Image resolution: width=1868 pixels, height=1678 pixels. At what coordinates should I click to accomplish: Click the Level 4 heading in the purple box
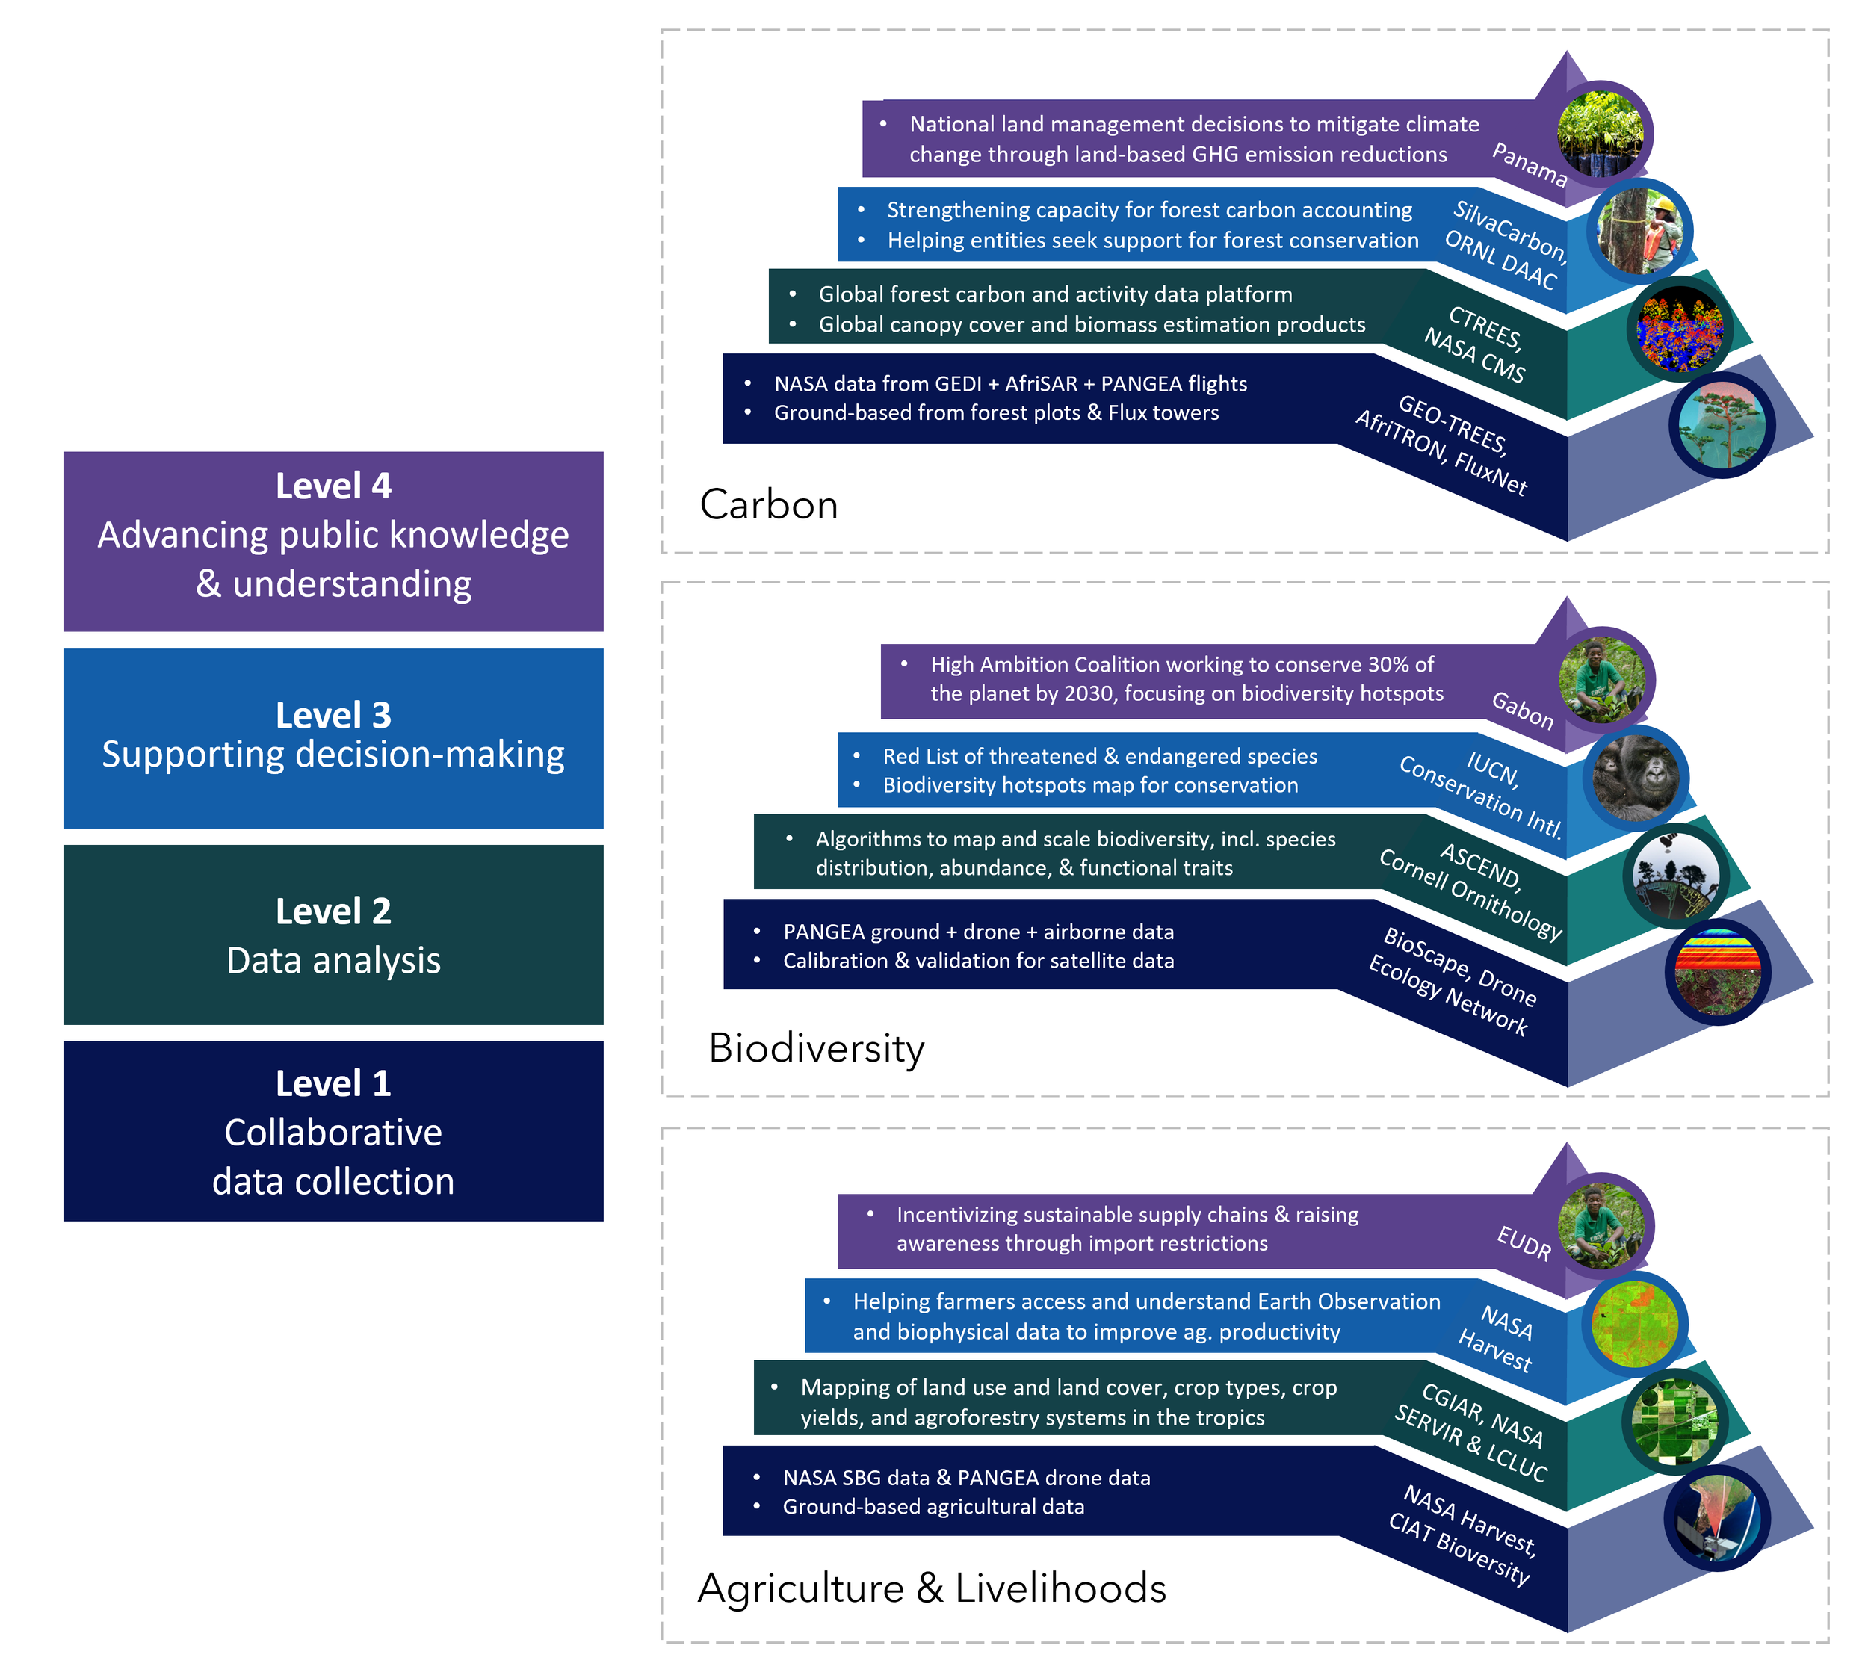pos(333,486)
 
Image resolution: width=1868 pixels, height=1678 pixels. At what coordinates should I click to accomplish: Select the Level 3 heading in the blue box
pos(333,714)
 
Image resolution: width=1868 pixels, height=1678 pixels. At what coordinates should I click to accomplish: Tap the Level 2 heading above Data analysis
pos(333,911)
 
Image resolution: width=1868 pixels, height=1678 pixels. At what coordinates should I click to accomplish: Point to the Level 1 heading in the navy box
pos(333,1083)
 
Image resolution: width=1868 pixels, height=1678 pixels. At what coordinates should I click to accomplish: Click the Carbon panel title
pos(768,504)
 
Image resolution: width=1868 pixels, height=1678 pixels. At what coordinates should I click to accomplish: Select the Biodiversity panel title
pos(816,1048)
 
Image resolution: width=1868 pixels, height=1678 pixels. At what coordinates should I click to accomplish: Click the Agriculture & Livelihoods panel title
pos(931,1588)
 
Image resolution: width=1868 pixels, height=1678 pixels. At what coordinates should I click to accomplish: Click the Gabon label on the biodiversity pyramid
pos(1522,710)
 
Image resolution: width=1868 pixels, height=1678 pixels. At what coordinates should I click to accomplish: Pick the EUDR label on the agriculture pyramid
pos(1523,1243)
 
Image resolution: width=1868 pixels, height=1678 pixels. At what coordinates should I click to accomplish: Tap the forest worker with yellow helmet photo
pos(1639,231)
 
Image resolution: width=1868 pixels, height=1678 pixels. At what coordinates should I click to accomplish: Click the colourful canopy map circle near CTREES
pos(1680,329)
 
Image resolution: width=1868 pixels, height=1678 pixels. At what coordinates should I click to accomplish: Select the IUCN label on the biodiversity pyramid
pos(1493,767)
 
